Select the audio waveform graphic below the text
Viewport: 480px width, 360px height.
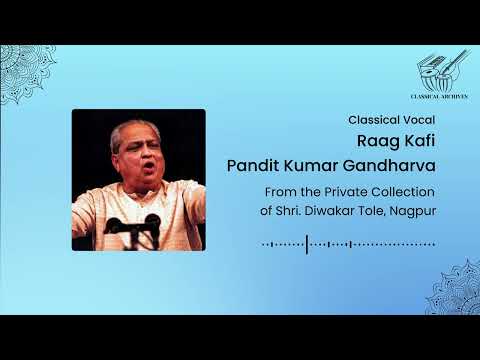pos(349,243)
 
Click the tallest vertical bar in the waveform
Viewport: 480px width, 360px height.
pos(307,243)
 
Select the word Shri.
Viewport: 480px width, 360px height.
pos(289,209)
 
